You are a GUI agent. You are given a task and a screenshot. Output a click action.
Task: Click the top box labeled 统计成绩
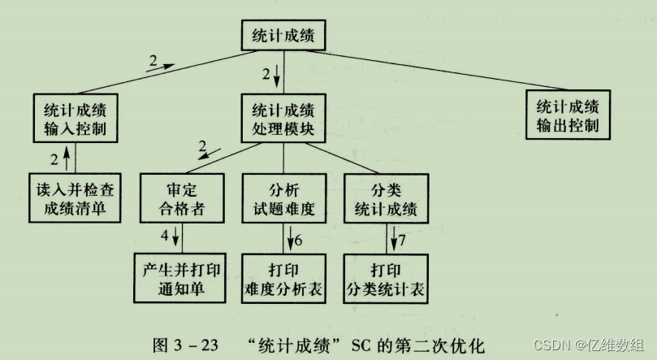coord(283,35)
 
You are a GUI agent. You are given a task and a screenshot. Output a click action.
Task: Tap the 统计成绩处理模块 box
coord(283,119)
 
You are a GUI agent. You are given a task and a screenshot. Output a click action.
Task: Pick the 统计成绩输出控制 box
coord(568,116)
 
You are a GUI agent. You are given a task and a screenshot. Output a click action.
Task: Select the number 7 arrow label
coord(401,241)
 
